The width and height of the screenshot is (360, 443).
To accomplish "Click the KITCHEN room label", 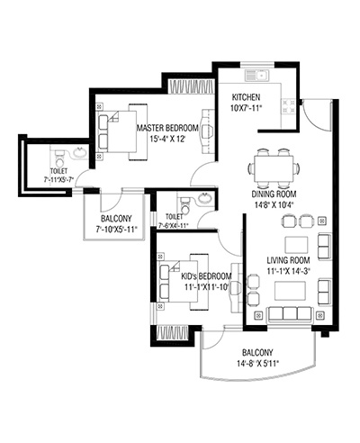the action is tap(246, 97).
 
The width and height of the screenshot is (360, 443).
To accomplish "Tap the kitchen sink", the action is tap(257, 75).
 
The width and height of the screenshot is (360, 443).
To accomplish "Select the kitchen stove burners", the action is tap(287, 107).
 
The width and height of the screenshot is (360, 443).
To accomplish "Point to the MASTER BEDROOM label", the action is tap(167, 128).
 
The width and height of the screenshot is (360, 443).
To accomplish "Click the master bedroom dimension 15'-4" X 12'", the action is tap(167, 139).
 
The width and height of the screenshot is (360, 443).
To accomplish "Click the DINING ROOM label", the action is tap(274, 194).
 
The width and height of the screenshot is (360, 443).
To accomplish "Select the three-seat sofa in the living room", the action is tap(291, 313).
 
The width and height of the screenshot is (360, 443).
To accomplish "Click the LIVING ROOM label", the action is tap(288, 260).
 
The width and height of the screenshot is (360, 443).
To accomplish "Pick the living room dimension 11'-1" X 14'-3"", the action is tap(288, 271).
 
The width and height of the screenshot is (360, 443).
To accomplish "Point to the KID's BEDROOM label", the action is tap(206, 276).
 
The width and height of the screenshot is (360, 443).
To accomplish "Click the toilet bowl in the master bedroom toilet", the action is tap(59, 159).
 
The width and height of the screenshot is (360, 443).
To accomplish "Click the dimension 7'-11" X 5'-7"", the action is tap(58, 180).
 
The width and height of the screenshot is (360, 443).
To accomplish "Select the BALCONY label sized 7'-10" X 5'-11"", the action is tap(116, 219).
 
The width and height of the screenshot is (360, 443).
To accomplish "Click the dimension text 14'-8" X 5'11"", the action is tap(257, 364).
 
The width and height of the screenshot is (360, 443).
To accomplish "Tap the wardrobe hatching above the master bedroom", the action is tap(191, 86).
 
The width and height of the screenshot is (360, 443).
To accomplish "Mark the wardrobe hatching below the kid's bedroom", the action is tap(173, 333).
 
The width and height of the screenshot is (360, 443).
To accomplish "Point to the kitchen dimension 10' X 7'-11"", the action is tap(246, 108).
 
